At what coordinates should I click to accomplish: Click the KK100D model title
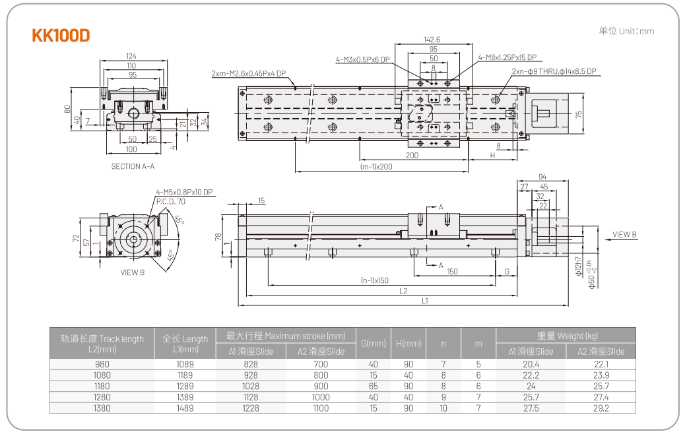coord(61,36)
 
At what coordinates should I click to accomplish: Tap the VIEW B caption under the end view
coord(133,272)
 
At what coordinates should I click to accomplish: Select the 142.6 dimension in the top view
coord(433,40)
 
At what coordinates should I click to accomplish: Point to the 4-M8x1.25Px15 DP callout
coord(507,57)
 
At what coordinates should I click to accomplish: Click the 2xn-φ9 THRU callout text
coord(554,71)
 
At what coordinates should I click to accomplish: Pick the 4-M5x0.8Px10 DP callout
coord(184,193)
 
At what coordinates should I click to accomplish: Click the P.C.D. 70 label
coord(170,201)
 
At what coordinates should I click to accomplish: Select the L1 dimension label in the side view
coord(426,301)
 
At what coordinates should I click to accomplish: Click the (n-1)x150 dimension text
coord(374,280)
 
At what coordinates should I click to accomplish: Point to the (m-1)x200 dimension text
coord(377,166)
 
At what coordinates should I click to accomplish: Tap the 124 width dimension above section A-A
coord(131,57)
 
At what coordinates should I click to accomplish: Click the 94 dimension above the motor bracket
coord(542,177)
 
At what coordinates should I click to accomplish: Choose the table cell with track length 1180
coord(102,386)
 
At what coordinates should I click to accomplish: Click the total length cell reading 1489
coord(185,408)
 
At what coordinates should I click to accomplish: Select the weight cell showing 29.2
coord(601,408)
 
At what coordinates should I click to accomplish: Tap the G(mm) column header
coord(373,343)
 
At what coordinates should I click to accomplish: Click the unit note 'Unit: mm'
coord(626,31)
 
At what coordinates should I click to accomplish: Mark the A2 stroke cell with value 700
coord(321,364)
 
